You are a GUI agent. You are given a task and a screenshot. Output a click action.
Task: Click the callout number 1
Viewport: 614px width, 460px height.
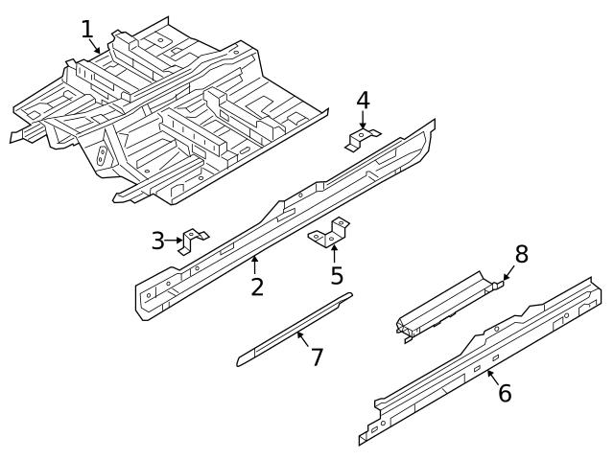tap(87, 29)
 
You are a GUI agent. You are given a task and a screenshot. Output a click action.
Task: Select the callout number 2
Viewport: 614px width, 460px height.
tap(257, 286)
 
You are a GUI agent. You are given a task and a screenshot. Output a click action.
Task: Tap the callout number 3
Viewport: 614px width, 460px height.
tap(158, 241)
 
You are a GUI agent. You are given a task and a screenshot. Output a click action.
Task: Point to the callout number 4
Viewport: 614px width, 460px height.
tap(363, 100)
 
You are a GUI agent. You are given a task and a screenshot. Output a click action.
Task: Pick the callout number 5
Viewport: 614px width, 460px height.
tap(337, 276)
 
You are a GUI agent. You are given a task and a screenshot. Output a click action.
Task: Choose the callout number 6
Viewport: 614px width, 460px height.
tap(505, 393)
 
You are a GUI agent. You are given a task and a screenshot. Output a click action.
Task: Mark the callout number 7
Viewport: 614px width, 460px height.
tap(317, 357)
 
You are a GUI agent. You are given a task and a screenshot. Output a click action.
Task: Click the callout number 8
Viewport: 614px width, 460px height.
tap(521, 254)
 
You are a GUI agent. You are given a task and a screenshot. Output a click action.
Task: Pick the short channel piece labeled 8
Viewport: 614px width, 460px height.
tap(446, 305)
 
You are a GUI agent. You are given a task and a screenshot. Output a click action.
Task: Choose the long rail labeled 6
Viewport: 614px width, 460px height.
tap(480, 359)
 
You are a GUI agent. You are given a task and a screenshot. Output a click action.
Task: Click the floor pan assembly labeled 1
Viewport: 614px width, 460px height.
tap(163, 115)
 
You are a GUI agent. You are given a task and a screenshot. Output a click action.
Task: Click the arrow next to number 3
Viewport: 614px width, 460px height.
tap(176, 241)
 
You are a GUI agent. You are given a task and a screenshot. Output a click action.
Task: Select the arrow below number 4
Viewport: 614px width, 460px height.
tap(363, 121)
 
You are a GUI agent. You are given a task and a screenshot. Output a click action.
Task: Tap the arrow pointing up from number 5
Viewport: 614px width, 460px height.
tap(334, 254)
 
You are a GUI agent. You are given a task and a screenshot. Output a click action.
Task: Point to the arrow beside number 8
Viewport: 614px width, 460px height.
tap(508, 276)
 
